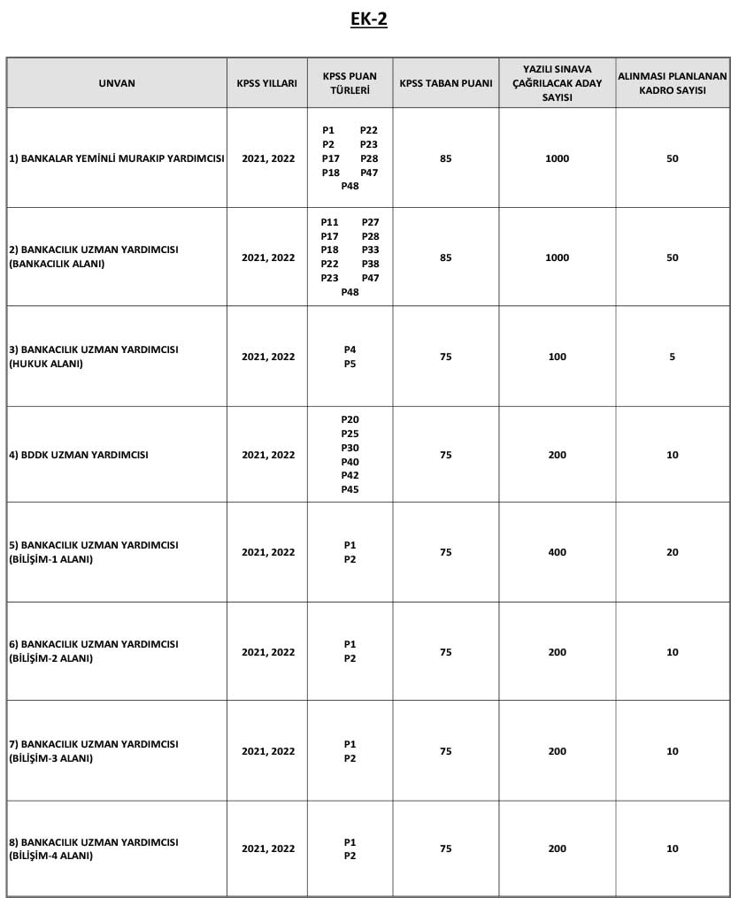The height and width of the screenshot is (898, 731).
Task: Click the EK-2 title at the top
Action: [369, 19]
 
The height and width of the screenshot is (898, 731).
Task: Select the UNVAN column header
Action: [117, 83]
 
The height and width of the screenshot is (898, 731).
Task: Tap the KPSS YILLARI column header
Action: [267, 83]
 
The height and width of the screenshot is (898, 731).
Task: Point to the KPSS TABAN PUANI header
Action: [445, 83]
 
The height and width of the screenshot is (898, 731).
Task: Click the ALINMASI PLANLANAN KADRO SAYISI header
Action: [673, 83]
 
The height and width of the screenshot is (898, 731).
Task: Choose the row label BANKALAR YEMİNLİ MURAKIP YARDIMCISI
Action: [117, 158]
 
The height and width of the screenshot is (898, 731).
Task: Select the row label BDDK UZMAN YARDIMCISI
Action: [78, 455]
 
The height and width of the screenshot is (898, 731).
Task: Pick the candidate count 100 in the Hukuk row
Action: [558, 357]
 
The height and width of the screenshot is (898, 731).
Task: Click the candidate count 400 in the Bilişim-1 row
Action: [558, 552]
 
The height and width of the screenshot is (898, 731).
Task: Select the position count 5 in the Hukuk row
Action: [673, 357]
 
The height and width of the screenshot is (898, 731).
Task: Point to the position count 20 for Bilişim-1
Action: [673, 552]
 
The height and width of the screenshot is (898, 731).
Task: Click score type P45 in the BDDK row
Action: [350, 490]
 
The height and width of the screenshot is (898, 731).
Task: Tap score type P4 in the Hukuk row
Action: [350, 349]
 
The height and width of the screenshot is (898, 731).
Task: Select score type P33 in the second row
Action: [370, 249]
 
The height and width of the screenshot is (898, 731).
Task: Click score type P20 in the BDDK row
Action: [350, 419]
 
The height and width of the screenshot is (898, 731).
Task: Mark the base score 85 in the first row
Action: [445, 158]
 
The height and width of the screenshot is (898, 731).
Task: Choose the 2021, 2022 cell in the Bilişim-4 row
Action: [268, 848]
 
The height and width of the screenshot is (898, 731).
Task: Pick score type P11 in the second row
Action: [329, 221]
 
